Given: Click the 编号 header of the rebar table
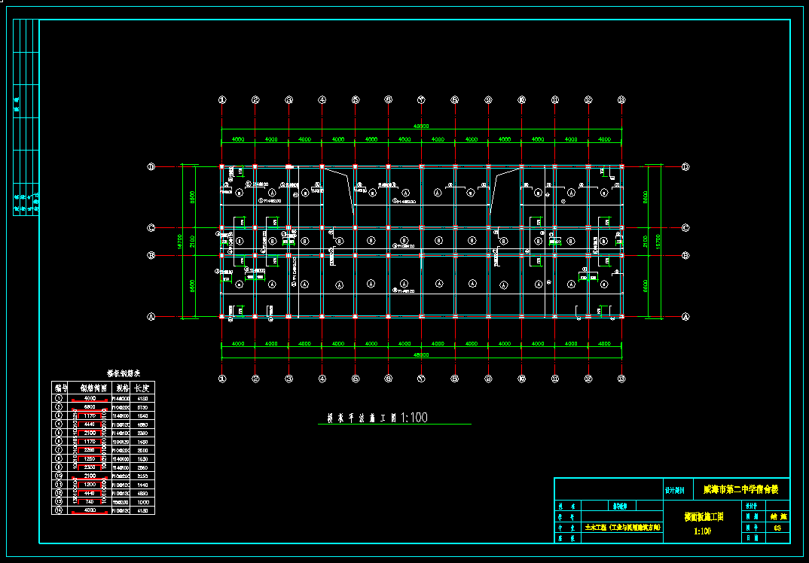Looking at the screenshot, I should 60,388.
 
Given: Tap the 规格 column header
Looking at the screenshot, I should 121,388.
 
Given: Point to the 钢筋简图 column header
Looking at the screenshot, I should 90,388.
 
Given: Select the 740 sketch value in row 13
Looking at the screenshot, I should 90,502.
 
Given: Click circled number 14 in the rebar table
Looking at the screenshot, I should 60,510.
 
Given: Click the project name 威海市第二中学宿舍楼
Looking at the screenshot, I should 740,489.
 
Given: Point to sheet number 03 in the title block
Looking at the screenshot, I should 777,528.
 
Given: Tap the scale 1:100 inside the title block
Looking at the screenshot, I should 702,531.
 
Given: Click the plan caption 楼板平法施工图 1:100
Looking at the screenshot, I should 377,418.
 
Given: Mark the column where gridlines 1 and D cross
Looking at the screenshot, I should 221,166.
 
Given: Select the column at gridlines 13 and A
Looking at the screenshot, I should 621,317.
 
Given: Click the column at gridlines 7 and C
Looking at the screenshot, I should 422,227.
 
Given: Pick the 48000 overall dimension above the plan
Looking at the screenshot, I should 420,126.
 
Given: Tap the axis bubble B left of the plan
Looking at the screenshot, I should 151,256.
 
